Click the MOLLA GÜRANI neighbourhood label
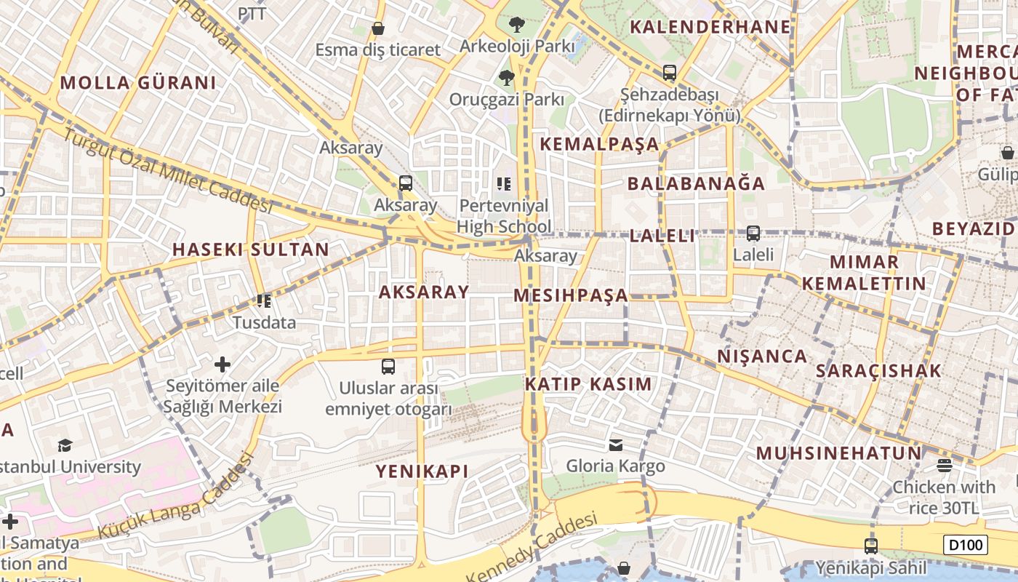tap(138, 83)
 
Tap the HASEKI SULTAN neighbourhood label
tap(251, 250)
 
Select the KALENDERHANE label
tap(710, 28)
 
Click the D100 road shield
tap(966, 545)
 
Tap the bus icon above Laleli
tap(753, 234)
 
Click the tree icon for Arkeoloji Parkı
tap(517, 25)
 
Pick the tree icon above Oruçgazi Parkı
tap(506, 77)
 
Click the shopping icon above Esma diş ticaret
tap(378, 28)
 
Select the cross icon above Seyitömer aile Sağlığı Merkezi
tap(223, 364)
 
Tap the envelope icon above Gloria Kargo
tap(616, 445)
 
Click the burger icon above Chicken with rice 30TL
tap(944, 465)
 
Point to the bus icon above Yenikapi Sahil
tap(871, 546)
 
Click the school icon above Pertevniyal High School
tap(504, 184)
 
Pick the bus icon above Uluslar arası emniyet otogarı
tap(388, 366)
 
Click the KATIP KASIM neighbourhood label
tap(588, 384)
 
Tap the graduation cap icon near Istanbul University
tap(65, 445)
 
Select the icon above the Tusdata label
tap(264, 300)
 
